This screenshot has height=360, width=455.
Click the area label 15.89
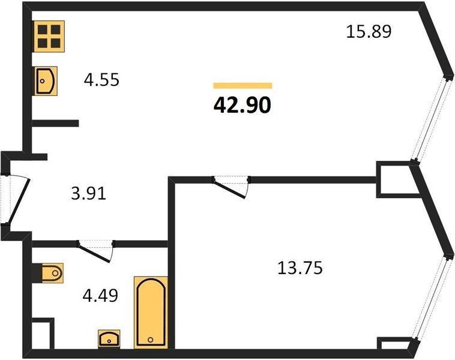click(369, 32)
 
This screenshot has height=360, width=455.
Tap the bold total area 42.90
click(243, 105)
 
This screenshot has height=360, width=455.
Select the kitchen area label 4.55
click(101, 79)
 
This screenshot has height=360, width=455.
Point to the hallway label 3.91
click(88, 193)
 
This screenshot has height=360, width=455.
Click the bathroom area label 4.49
click(100, 296)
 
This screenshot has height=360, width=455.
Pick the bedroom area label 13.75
click(300, 268)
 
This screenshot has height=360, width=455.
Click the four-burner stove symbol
click(49, 36)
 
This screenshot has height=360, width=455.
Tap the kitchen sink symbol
click(46, 81)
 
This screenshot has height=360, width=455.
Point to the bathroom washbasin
click(109, 338)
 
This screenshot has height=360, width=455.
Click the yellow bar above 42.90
click(243, 85)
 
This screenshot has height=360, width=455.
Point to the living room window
click(431, 119)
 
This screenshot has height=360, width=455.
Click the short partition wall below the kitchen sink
click(55, 123)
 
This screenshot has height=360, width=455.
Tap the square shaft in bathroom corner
click(43, 334)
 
